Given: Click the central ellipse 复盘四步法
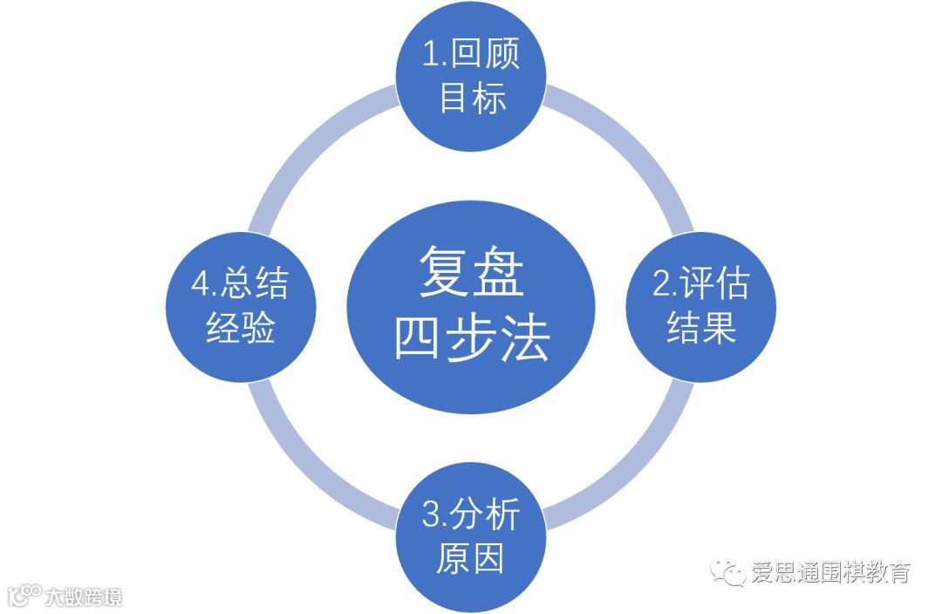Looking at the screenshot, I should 471,305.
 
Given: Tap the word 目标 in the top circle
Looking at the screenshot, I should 472,97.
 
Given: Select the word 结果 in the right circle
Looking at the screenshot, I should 701,330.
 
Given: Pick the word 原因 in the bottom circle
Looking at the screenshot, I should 470,559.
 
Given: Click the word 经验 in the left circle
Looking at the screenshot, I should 241,330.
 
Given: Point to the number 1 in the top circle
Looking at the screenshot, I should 429,55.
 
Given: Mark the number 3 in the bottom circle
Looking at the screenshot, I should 430,516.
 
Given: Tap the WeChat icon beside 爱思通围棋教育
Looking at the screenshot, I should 727,572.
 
